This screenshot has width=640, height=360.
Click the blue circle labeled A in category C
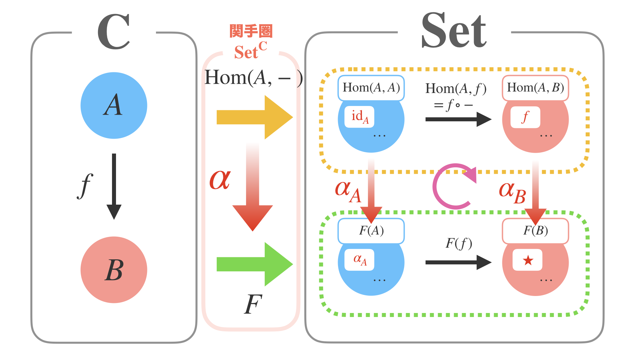click(114, 105)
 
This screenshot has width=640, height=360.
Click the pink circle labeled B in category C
click(114, 270)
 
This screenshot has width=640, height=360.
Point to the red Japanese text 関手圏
click(251, 31)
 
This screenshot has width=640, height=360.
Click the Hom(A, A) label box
click(371, 88)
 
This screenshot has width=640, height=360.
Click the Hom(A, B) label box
click(535, 88)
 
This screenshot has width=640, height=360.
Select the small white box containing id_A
click(359, 117)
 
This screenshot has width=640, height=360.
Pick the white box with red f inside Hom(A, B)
click(525, 117)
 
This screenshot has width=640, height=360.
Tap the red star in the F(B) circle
click(528, 260)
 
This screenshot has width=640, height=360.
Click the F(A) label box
click(371, 231)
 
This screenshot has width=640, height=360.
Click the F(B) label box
click(535, 231)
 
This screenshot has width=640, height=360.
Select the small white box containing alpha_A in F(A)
click(359, 260)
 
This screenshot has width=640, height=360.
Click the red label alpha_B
click(512, 193)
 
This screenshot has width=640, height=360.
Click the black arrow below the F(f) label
click(458, 262)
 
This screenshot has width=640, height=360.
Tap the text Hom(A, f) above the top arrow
click(456, 89)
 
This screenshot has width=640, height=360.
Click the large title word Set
click(454, 31)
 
